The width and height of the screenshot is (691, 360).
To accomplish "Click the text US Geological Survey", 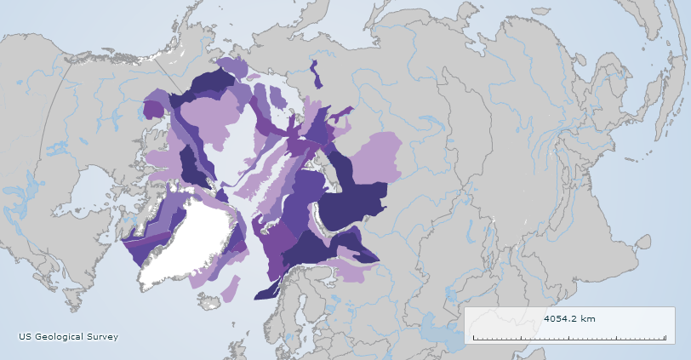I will [69, 337].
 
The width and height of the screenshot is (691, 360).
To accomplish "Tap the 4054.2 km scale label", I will [569, 318].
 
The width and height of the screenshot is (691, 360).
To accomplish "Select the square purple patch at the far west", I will [153, 109].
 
